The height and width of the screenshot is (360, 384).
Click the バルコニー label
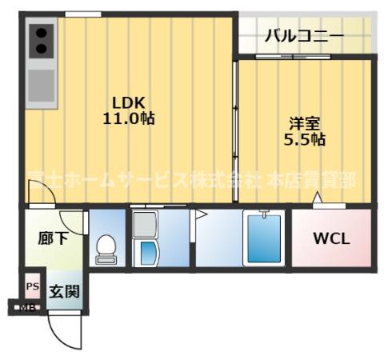coord(304,36)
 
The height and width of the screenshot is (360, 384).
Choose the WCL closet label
coord(330,238)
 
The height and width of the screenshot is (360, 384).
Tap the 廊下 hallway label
coord(53,238)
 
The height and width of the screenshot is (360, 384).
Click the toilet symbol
coord(106,249)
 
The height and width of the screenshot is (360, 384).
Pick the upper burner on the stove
coord(40,34)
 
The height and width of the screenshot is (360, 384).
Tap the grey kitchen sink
coord(40,83)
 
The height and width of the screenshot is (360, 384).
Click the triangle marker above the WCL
coord(318,198)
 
